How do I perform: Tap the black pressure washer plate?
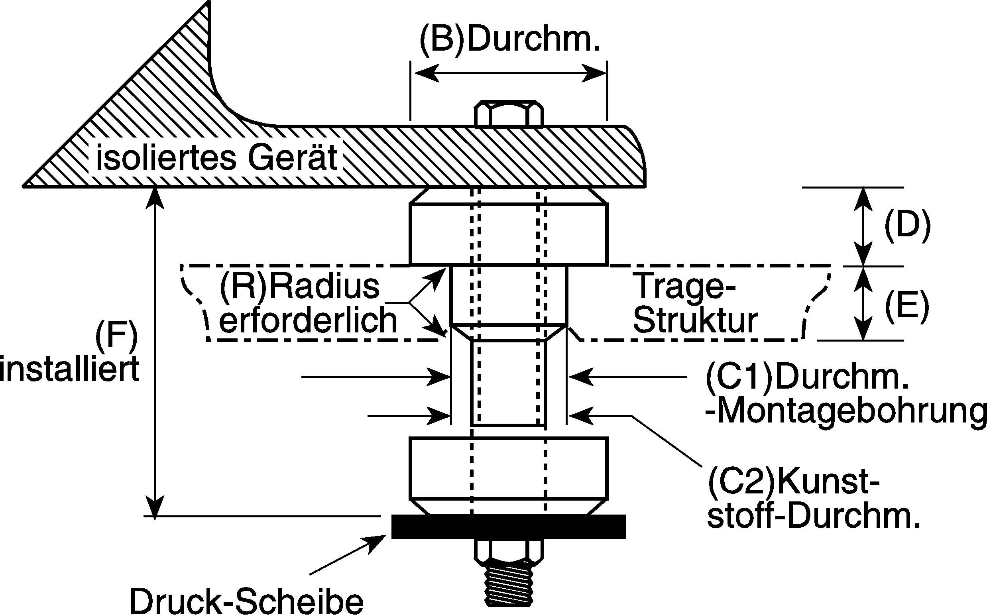point(508,527)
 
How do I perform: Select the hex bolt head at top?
point(509,114)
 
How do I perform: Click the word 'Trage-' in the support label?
point(684,287)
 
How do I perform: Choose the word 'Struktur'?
point(696,321)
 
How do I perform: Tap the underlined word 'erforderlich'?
point(308,320)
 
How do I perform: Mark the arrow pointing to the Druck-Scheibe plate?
point(348,555)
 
